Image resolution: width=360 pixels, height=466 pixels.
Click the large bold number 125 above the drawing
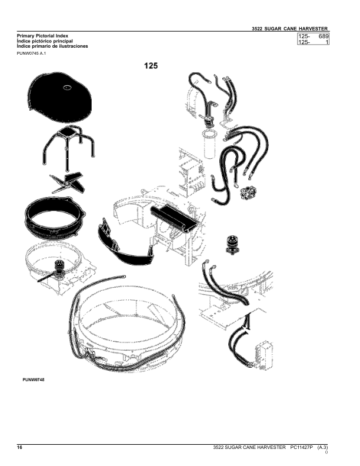151,66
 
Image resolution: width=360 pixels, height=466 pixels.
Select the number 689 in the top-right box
324,36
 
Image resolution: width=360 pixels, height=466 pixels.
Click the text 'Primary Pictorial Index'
42,36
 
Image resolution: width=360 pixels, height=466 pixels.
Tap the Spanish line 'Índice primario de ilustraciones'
52,46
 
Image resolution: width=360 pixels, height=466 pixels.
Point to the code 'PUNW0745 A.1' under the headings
31,54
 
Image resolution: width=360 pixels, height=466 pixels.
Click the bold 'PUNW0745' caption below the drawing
34,380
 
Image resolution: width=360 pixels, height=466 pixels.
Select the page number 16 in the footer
19,447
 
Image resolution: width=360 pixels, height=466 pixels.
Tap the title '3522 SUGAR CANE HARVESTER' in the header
289,29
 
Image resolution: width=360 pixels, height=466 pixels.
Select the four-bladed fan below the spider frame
67,183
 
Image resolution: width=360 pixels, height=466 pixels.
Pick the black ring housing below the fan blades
54,217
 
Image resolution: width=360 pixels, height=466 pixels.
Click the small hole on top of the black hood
67,87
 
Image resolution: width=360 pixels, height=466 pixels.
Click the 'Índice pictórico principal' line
45,41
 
